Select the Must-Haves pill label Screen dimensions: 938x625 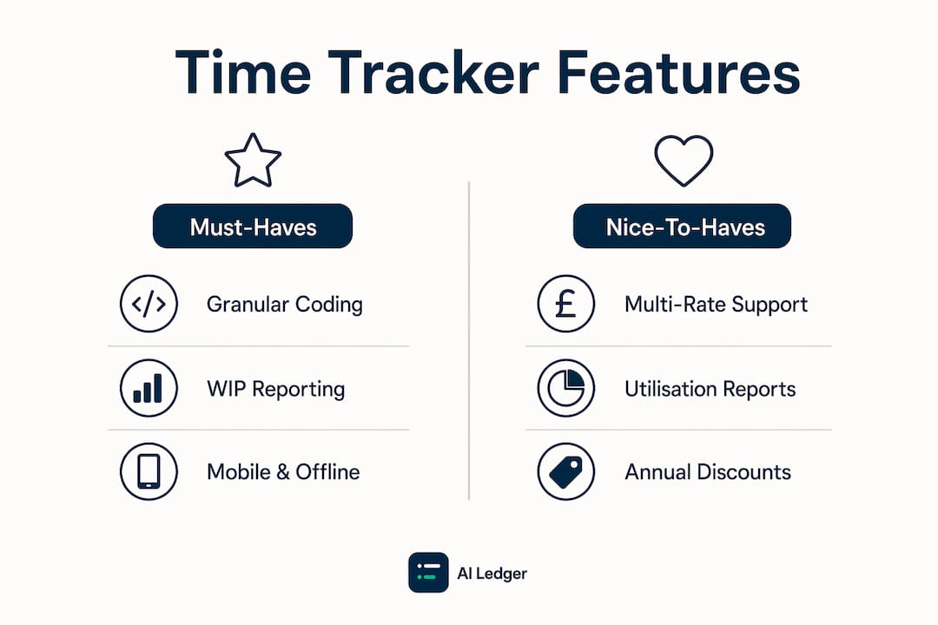point(253,226)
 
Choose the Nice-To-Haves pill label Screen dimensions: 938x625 point(682,226)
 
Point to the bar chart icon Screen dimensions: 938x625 point(149,388)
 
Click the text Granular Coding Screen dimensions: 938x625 point(285,305)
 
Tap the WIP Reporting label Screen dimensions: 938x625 point(276,389)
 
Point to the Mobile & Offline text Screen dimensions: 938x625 point(283,472)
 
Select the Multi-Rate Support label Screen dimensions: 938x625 point(716,305)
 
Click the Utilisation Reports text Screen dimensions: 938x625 point(710,389)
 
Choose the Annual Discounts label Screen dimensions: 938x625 point(708,472)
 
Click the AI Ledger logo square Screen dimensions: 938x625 point(428,572)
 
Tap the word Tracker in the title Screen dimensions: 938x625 point(433,72)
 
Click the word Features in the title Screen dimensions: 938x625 point(678,72)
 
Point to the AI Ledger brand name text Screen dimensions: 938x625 point(492,574)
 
